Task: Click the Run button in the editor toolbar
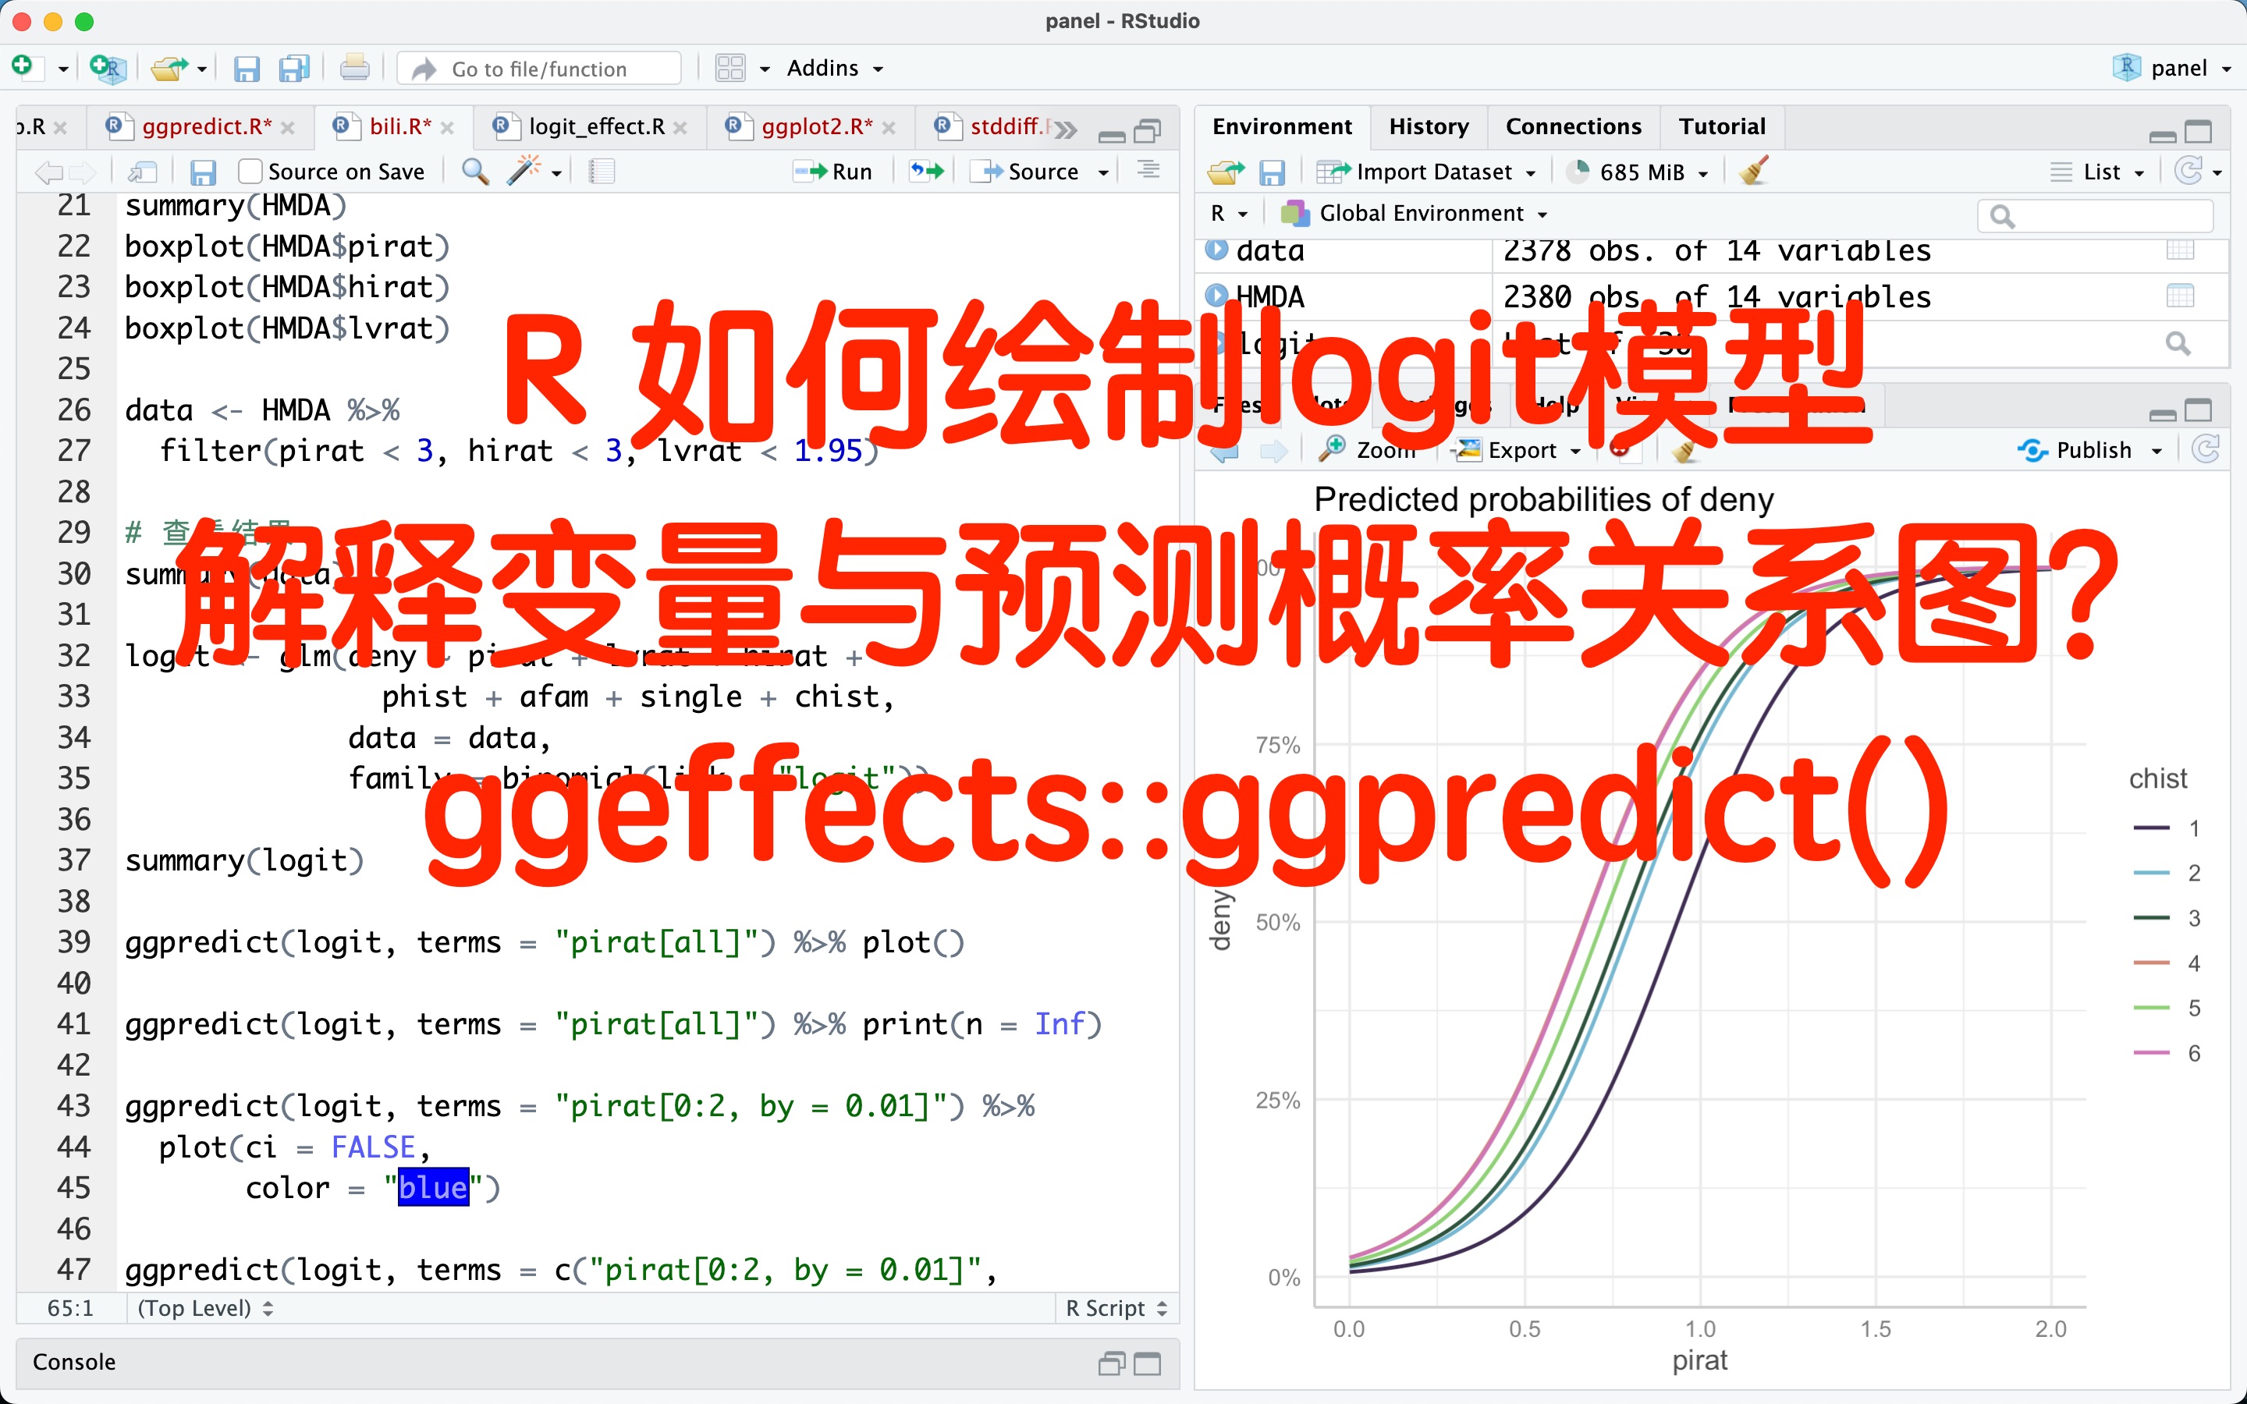click(x=835, y=172)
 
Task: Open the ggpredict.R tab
click(x=206, y=126)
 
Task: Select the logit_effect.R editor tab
click(x=596, y=126)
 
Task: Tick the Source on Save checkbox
click(x=250, y=172)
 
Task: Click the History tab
click(x=1428, y=126)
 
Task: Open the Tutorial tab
click(x=1721, y=126)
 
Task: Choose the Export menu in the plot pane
click(x=1521, y=450)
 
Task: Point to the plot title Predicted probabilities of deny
click(x=1543, y=499)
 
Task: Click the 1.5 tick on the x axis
click(x=1875, y=1329)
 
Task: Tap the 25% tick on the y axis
click(x=1278, y=1101)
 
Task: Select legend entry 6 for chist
click(x=2193, y=1053)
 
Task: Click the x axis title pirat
click(x=1699, y=1360)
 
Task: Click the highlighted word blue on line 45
click(x=433, y=1188)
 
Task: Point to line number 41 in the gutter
click(x=74, y=1024)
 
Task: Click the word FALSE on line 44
click(x=373, y=1147)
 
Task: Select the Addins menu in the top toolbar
click(x=833, y=69)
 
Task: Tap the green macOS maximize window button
click(x=84, y=21)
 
